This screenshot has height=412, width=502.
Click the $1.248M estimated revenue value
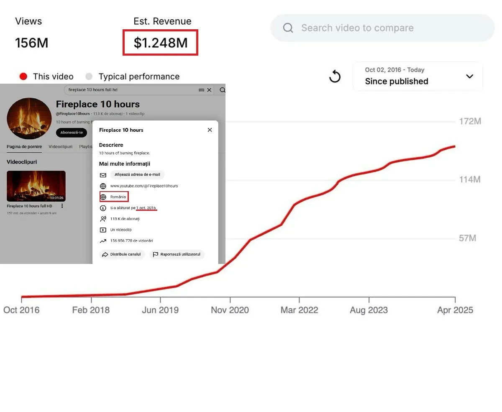(x=160, y=43)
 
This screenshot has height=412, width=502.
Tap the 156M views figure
(x=31, y=43)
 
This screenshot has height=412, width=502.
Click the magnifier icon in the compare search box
(x=288, y=28)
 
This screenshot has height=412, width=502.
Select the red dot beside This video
(x=23, y=77)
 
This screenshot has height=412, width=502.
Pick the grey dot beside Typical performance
(x=89, y=77)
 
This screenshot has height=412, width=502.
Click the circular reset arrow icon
(x=335, y=77)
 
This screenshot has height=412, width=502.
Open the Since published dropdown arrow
(x=470, y=76)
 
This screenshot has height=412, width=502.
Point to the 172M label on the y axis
(x=470, y=121)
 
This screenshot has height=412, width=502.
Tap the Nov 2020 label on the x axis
(x=230, y=310)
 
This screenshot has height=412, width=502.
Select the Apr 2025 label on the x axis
(x=455, y=310)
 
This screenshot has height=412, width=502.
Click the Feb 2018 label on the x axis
(x=91, y=310)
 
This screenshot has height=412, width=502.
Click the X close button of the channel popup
(x=210, y=130)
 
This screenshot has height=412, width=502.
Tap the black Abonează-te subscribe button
(x=71, y=133)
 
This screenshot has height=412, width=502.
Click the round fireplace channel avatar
(x=29, y=118)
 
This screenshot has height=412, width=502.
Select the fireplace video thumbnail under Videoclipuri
(x=36, y=186)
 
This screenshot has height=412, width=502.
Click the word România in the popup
(x=118, y=197)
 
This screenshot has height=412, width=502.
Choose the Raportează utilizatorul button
(x=177, y=254)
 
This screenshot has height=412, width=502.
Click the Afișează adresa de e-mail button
(x=137, y=175)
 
